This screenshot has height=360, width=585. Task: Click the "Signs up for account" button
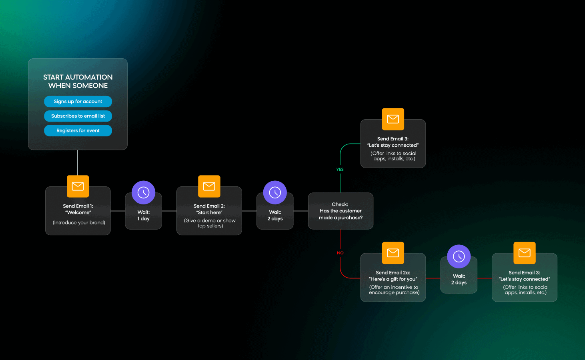click(x=78, y=102)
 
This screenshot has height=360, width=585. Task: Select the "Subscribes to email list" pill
click(x=78, y=116)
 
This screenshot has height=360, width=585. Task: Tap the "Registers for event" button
click(x=78, y=131)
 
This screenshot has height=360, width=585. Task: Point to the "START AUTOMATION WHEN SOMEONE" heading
click(x=78, y=81)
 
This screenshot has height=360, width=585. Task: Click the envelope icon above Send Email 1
click(x=78, y=186)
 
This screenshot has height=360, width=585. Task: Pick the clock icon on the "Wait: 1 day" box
click(x=143, y=193)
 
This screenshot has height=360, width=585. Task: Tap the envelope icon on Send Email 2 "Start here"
click(x=209, y=186)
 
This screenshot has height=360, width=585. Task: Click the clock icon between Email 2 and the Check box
click(x=275, y=193)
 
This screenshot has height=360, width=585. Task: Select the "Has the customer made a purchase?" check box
click(x=341, y=211)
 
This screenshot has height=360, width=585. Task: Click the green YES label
click(x=340, y=170)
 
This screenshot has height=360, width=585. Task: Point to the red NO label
click(x=340, y=253)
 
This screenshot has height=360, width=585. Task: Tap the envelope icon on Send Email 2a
click(x=393, y=253)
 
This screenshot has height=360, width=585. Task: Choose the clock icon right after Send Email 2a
click(x=459, y=256)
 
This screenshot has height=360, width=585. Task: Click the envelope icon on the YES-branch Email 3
click(x=393, y=119)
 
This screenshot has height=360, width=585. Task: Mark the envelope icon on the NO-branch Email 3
click(x=525, y=253)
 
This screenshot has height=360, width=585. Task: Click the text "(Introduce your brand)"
click(x=79, y=223)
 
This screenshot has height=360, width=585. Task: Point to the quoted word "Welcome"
click(x=78, y=213)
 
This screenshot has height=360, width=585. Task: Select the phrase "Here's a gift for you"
click(x=393, y=279)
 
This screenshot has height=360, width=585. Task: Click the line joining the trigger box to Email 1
click(x=78, y=162)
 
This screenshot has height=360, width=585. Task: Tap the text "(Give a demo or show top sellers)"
click(x=210, y=223)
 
